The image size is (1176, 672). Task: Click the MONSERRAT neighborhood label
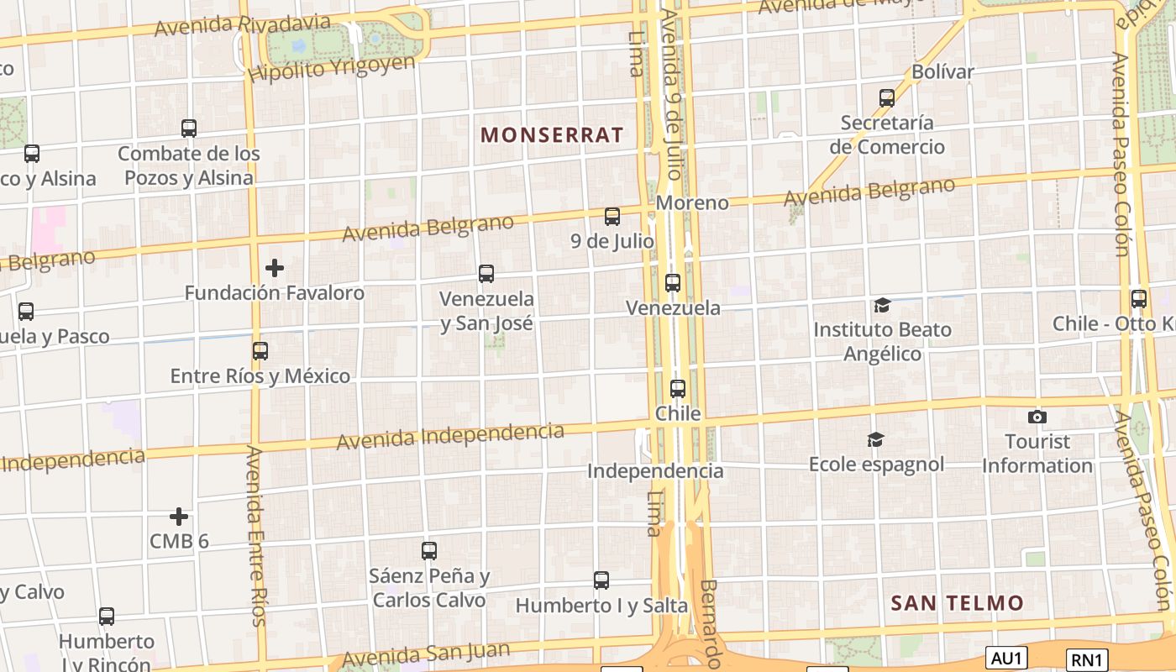[x=552, y=134]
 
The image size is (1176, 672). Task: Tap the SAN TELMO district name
[x=957, y=602]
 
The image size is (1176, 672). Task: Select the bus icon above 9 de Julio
[x=612, y=217]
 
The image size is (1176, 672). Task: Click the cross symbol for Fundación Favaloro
[x=275, y=268]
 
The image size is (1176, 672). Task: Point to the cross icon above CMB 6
[x=179, y=517]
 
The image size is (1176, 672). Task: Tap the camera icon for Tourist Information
[x=1037, y=417]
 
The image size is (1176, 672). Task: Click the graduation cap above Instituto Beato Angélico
[x=882, y=305]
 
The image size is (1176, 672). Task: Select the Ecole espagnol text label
[x=876, y=464]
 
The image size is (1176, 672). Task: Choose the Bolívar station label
[x=942, y=71]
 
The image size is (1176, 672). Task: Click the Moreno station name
[x=692, y=202]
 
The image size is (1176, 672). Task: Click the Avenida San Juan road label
[x=425, y=653]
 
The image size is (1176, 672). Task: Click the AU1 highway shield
[x=1005, y=658]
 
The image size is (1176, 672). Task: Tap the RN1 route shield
[x=1087, y=659]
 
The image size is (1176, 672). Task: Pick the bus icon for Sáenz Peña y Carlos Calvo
[x=429, y=551]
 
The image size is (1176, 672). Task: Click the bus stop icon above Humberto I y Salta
[x=601, y=580]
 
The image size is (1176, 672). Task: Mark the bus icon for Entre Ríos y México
[x=260, y=351]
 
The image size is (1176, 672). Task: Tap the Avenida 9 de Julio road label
[x=671, y=92]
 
